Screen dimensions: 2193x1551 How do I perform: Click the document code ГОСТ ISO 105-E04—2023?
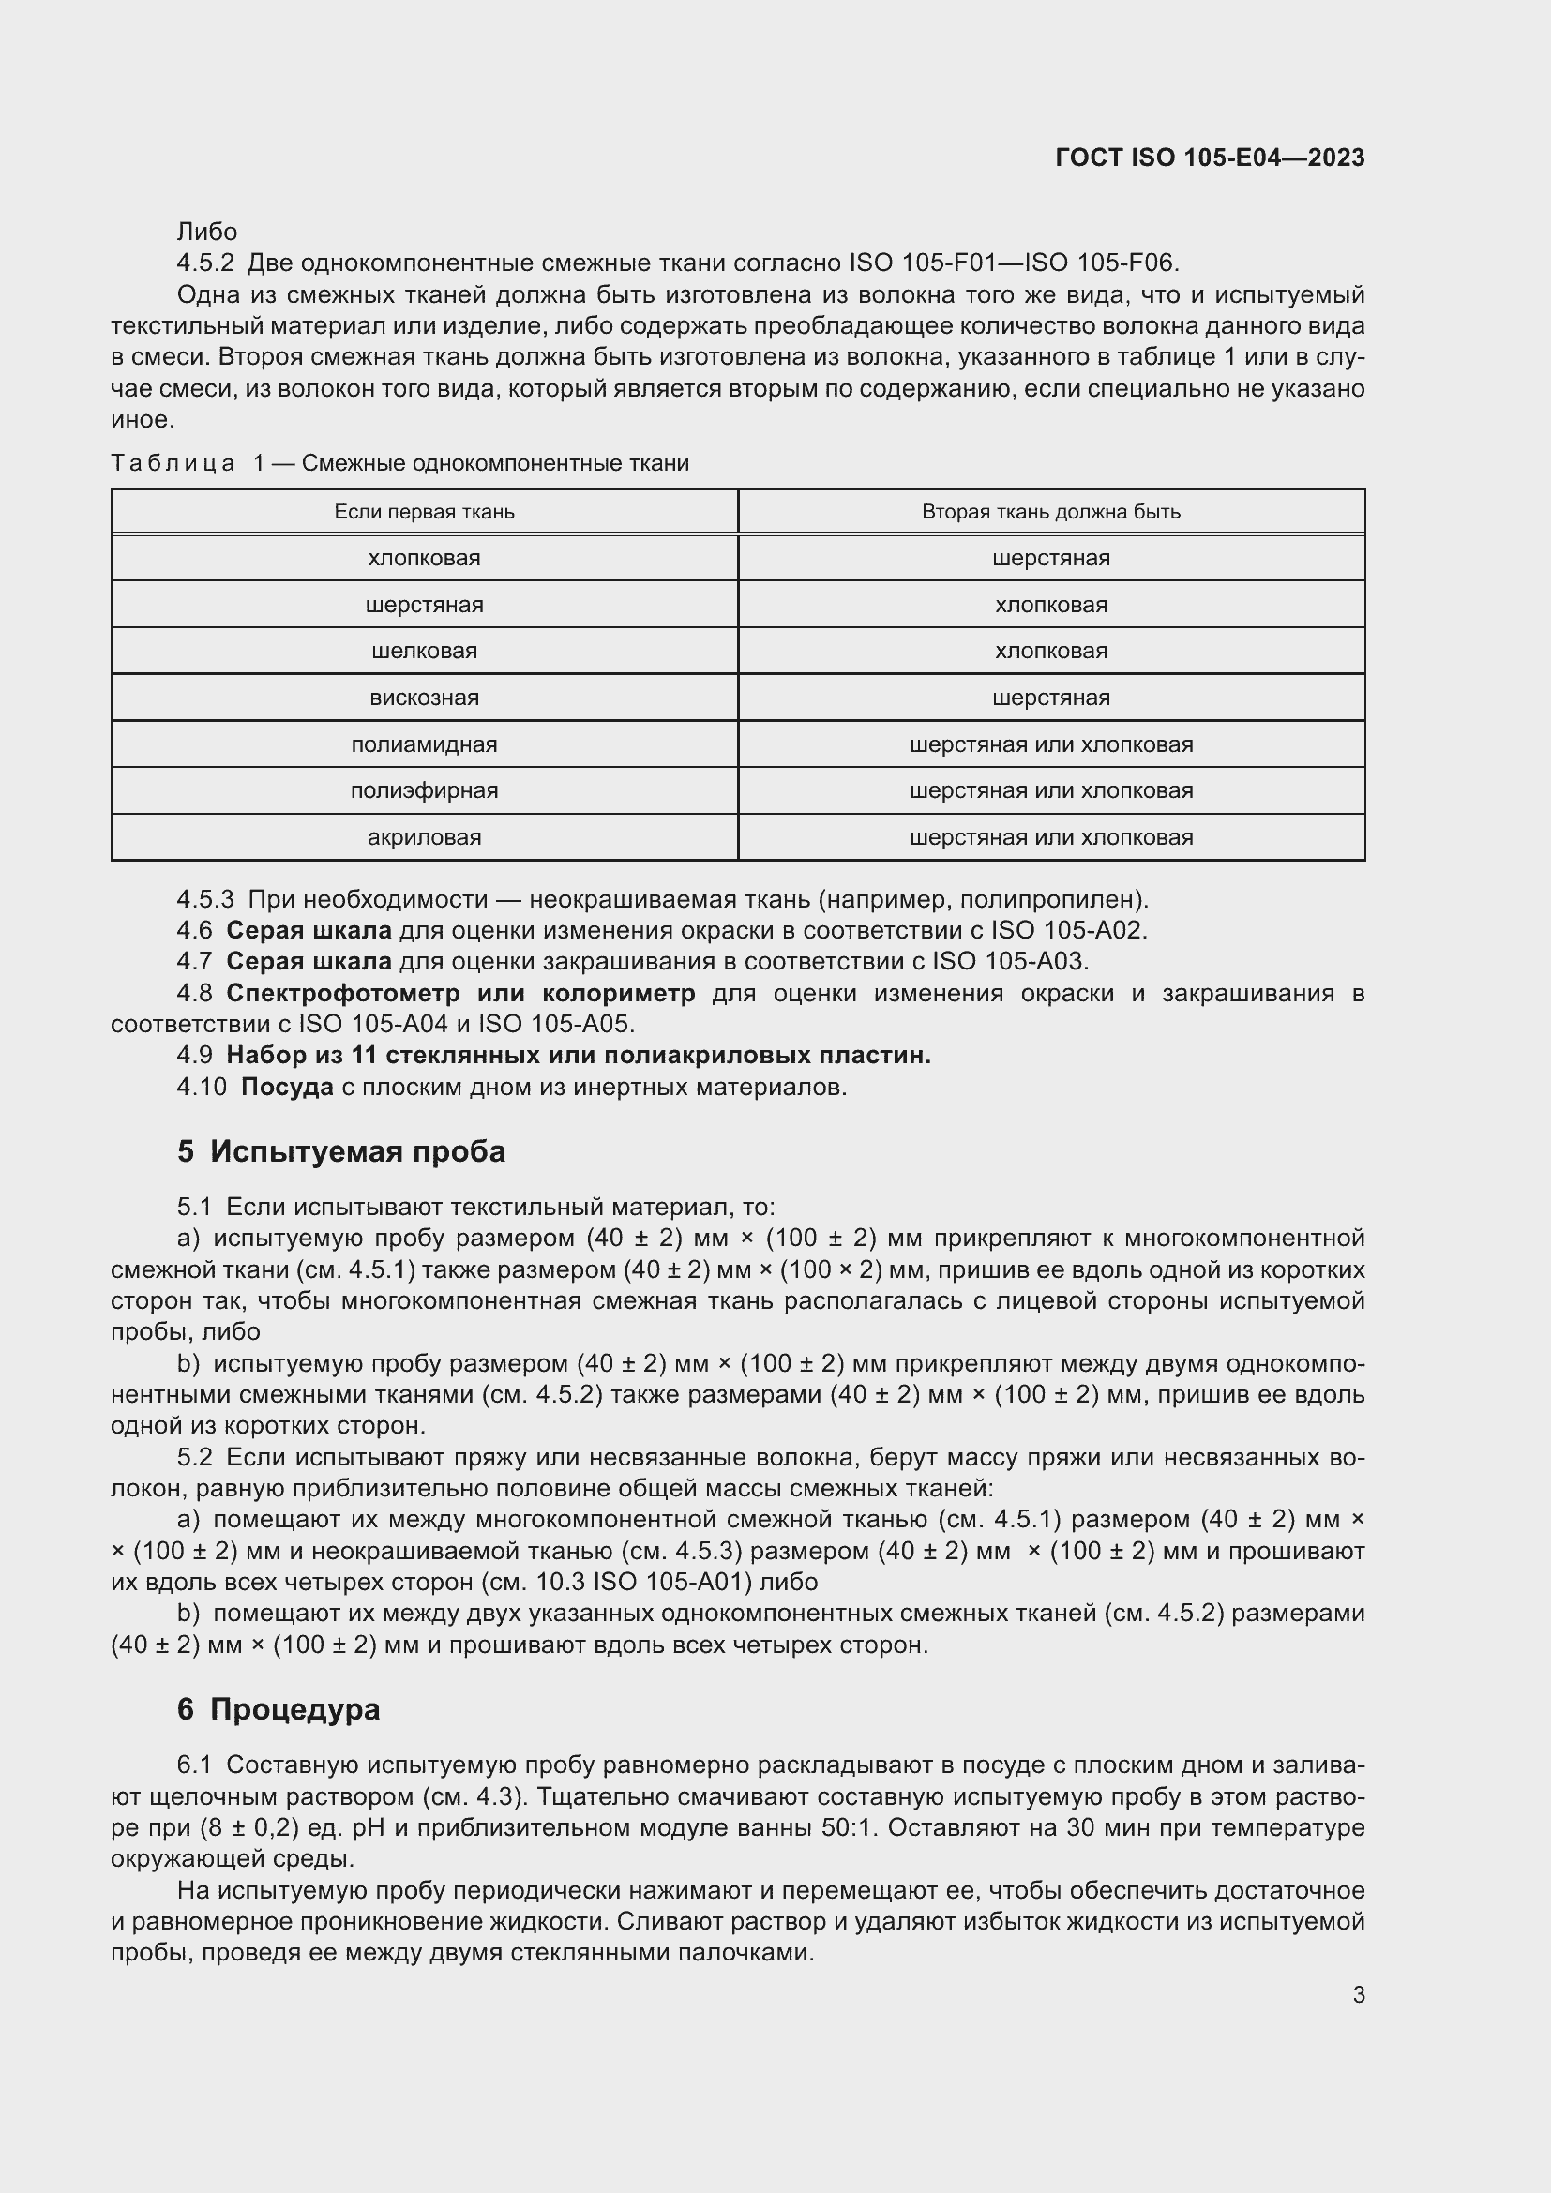coord(1209,158)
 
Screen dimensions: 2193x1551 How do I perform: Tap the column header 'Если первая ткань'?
coord(424,512)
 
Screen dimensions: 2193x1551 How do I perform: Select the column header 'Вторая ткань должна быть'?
coord(1050,512)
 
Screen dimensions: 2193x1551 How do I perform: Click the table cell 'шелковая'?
coord(424,652)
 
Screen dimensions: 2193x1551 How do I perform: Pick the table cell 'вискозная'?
coord(424,698)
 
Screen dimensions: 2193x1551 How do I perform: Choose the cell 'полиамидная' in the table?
coord(424,745)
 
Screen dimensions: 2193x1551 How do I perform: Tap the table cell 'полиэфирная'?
coord(424,791)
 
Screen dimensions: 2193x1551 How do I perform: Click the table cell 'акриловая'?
coord(424,837)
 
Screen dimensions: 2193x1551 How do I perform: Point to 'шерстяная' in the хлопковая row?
coord(1050,559)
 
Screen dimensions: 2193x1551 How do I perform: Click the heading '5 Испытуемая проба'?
coord(341,1152)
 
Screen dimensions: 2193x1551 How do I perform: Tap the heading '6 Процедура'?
coord(278,1709)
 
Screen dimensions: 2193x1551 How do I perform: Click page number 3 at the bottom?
coord(1358,1995)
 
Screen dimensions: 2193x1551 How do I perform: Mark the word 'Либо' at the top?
coord(207,233)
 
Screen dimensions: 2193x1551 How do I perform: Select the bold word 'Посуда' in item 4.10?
coord(287,1087)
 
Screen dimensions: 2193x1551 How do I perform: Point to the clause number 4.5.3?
coord(205,900)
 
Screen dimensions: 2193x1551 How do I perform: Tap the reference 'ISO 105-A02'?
coord(1069,930)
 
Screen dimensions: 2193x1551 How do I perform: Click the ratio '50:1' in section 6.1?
coord(845,1828)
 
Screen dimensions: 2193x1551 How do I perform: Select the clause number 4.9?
coord(195,1056)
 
